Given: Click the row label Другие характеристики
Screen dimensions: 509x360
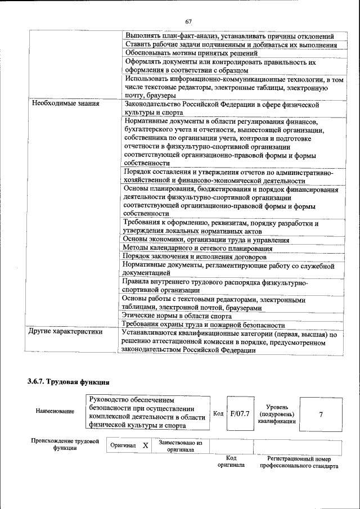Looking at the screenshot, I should pyautogui.click(x=66, y=332).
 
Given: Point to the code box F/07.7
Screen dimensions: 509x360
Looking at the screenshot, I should pyautogui.click(x=240, y=415).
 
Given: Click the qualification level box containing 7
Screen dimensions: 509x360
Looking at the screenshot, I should pyautogui.click(x=321, y=415).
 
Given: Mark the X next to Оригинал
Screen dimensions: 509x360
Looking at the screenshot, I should pyautogui.click(x=145, y=445).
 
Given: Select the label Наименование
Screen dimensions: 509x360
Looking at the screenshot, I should pyautogui.click(x=55, y=411).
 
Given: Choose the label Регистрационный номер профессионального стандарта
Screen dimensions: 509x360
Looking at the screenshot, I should pyautogui.click(x=295, y=462).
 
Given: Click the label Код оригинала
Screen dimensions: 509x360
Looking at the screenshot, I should pyautogui.click(x=231, y=462).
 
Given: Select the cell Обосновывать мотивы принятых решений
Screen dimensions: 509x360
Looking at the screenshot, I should pyautogui.click(x=191, y=53).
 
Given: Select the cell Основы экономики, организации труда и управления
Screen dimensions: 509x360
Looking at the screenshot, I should pyautogui.click(x=205, y=240).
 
